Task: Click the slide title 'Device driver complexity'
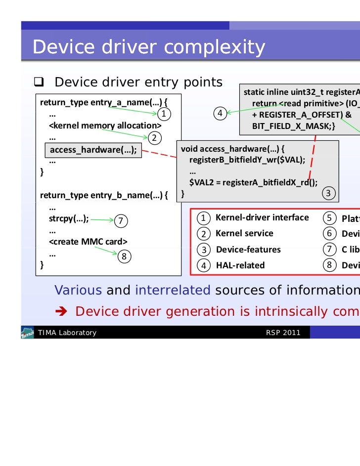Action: tap(149, 47)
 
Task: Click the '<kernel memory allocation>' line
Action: tap(105, 126)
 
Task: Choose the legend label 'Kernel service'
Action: tap(244, 233)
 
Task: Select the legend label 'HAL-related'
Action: tap(240, 265)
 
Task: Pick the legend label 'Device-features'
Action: tap(248, 250)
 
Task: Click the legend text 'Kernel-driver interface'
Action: tap(262, 217)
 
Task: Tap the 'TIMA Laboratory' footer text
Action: tap(67, 333)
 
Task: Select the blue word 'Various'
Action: tap(78, 290)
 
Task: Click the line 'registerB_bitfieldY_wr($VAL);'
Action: tap(247, 161)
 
